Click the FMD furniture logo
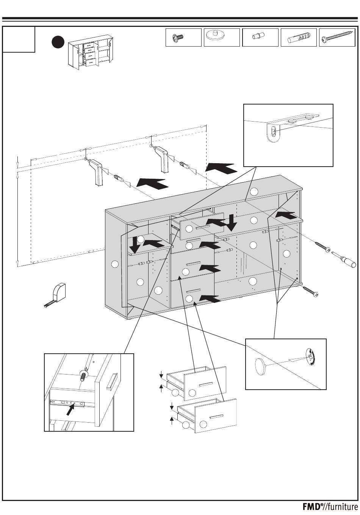[x=330, y=507]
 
